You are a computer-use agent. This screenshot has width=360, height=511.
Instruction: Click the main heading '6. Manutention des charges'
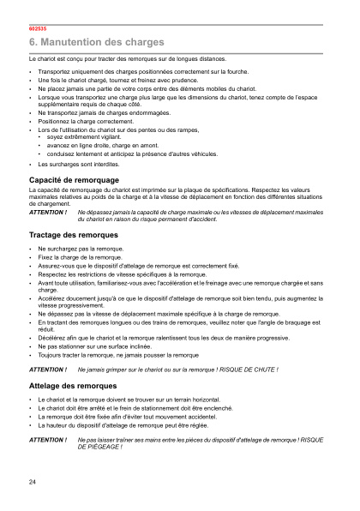tap(97, 42)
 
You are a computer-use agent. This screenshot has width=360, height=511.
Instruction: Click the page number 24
tap(33, 484)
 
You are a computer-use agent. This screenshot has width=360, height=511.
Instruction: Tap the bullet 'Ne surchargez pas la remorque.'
tap(80, 249)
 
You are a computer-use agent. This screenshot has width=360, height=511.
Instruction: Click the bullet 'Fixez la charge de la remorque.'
tap(80, 256)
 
